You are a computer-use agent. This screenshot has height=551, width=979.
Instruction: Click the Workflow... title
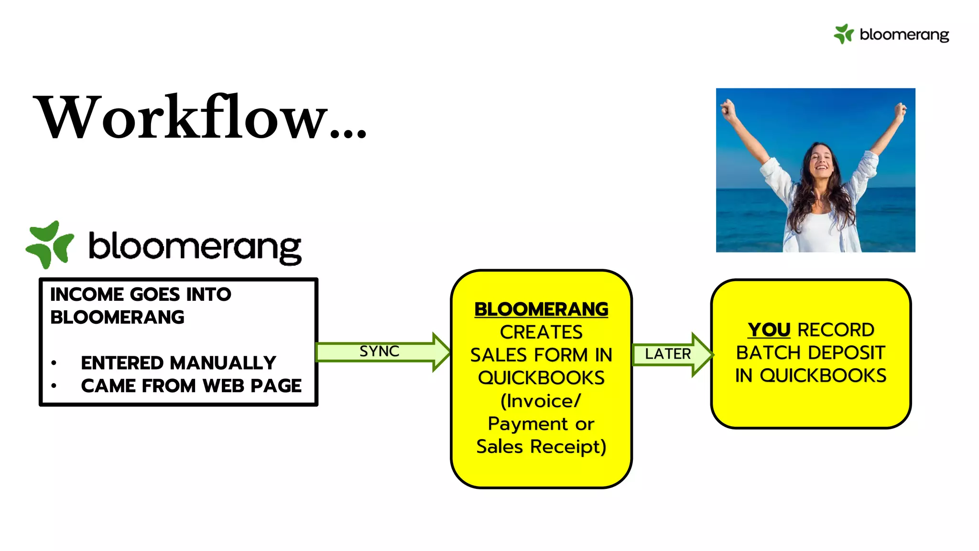click(x=201, y=117)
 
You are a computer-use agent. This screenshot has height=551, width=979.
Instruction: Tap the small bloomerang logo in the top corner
click(x=892, y=34)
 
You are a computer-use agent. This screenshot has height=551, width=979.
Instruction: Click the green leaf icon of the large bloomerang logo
click(x=50, y=244)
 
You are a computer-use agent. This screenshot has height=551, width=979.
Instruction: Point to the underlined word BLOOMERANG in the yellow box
click(x=541, y=309)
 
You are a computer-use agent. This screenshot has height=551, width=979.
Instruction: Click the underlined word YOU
click(x=769, y=330)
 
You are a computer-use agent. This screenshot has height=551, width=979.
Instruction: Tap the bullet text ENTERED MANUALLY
click(x=178, y=363)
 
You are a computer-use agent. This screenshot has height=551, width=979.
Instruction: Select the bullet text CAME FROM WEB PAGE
click(x=191, y=386)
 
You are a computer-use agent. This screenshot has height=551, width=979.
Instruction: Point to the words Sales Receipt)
click(x=541, y=447)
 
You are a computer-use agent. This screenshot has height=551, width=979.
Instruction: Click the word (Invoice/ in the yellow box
click(x=541, y=401)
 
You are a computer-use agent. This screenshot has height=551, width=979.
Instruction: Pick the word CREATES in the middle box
click(x=541, y=332)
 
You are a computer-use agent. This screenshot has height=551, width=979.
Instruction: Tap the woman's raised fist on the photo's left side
click(x=728, y=110)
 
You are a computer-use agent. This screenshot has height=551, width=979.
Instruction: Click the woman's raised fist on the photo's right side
click(x=901, y=110)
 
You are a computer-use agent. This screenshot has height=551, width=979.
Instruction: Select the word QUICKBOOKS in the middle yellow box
click(x=541, y=378)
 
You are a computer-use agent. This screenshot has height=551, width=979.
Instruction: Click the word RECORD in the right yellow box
click(x=836, y=330)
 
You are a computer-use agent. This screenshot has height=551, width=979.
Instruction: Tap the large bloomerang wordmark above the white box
click(x=195, y=247)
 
